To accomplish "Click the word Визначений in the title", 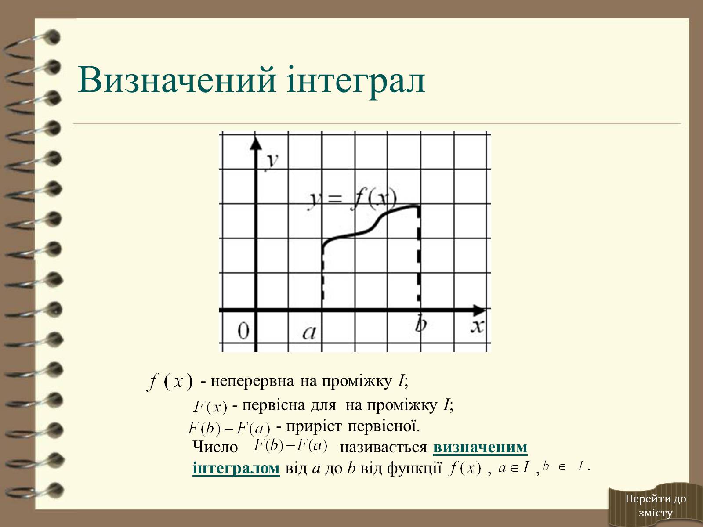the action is (x=177, y=79).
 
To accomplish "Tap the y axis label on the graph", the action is (x=272, y=162).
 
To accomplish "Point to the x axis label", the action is (x=477, y=326).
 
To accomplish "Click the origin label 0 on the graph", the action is (x=243, y=331).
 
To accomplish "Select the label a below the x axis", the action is (x=309, y=333).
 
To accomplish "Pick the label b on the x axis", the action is (x=420, y=324).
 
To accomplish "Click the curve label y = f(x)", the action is (x=352, y=200).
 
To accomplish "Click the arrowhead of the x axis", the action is (x=479, y=310).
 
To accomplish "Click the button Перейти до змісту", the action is (x=655, y=505).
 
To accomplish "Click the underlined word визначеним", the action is (x=480, y=447).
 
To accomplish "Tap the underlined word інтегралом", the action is (x=236, y=468).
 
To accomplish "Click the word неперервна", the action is (x=252, y=381).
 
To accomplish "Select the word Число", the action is (x=215, y=447).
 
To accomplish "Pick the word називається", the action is (x=384, y=448).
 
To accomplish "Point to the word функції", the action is (x=414, y=469).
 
